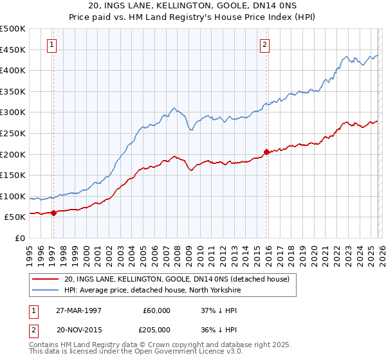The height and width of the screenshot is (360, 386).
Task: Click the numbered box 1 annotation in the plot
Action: click(x=51, y=44)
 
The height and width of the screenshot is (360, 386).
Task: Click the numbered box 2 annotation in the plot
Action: click(x=264, y=44)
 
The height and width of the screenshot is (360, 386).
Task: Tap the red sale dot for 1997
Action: click(x=54, y=213)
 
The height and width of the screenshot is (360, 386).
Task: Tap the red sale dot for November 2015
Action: click(x=266, y=152)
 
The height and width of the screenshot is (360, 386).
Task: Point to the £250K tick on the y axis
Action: click(x=13, y=133)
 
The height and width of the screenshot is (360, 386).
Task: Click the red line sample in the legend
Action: click(x=46, y=279)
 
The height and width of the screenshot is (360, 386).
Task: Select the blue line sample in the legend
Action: click(x=46, y=290)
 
